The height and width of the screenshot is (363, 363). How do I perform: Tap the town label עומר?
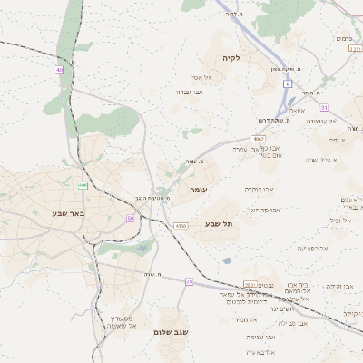point(199,190)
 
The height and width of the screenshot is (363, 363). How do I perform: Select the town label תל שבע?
point(219,223)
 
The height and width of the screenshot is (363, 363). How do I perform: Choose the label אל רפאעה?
point(312,248)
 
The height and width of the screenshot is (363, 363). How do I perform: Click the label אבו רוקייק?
point(259,190)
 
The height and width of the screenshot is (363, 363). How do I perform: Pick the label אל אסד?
point(202,77)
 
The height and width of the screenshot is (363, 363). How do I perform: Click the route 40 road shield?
point(60,69)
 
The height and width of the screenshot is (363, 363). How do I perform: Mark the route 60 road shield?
point(131,218)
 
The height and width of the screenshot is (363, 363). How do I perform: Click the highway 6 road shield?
point(287,83)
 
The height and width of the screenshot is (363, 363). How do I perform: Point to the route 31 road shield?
point(324,108)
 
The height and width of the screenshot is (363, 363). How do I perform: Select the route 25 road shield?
point(189,281)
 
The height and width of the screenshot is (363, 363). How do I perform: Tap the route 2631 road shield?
point(250,284)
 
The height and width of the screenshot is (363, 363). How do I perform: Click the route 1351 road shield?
point(355,51)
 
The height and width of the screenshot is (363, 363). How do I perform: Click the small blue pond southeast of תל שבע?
point(226,261)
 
